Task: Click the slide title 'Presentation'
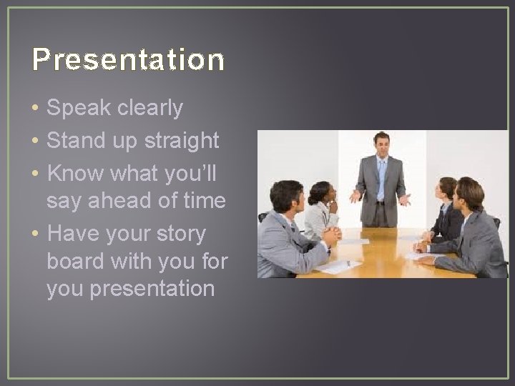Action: pyautogui.click(x=128, y=60)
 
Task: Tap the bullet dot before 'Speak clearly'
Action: pyautogui.click(x=35, y=109)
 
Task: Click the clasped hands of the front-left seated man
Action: pyautogui.click(x=330, y=234)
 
